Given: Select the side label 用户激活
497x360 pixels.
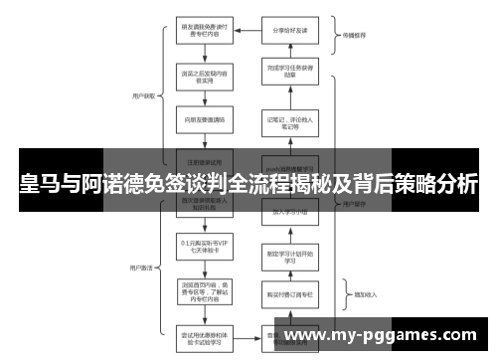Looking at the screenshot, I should pos(141,267).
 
